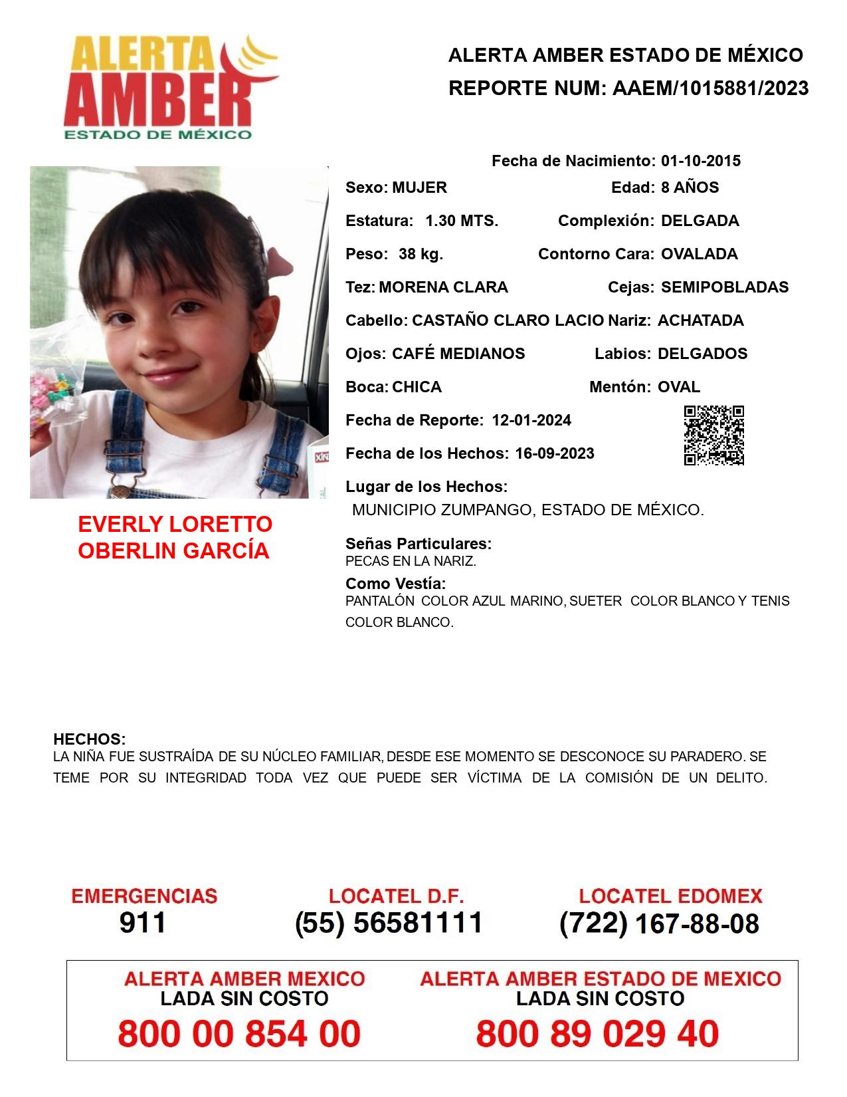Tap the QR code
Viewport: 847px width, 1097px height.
714,435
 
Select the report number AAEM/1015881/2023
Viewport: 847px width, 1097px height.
710,88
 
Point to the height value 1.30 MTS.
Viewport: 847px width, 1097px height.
462,221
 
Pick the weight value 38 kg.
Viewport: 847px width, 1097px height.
421,254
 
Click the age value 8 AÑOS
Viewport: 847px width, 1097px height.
690,187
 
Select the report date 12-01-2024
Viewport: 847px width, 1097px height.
531,420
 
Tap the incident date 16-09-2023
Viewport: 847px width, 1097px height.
555,453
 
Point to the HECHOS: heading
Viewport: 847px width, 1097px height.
89,739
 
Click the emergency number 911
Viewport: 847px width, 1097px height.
143,923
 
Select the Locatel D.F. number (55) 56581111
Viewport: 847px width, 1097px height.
389,923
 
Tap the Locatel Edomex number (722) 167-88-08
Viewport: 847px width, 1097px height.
659,923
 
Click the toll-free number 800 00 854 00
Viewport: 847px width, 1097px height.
239,1034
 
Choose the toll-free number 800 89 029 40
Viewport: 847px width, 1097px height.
597,1034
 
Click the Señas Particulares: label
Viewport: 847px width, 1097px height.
419,544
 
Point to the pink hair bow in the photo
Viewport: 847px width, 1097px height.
278,261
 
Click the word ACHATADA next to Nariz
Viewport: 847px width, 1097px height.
700,320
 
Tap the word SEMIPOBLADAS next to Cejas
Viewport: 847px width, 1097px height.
725,287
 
